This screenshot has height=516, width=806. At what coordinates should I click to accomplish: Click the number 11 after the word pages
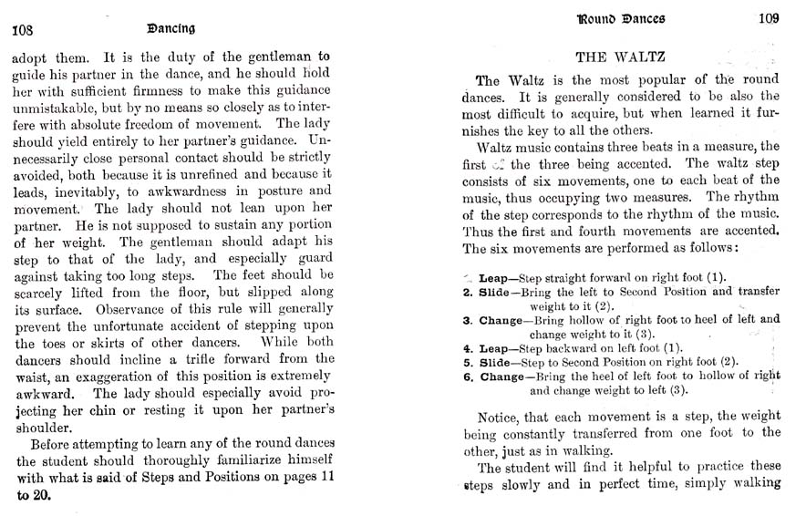321,479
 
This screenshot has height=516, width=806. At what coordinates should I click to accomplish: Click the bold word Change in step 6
501,377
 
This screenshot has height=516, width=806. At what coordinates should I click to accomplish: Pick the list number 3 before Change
466,320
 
